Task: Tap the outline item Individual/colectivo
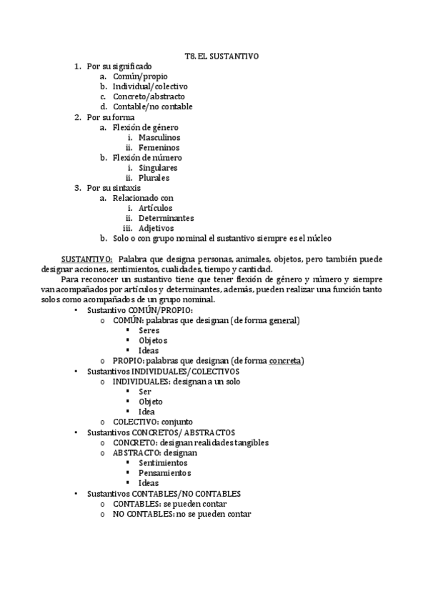point(150,86)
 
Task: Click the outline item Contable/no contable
point(152,106)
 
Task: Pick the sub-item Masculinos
point(159,137)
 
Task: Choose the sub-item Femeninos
point(159,147)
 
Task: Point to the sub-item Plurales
point(154,178)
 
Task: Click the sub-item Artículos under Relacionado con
point(156,208)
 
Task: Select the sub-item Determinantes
point(166,218)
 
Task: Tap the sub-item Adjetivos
point(156,228)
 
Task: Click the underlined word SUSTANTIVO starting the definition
point(86,259)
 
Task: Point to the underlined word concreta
point(286,361)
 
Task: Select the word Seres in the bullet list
point(149,331)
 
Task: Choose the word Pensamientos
point(165,472)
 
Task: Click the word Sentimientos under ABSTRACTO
point(164,462)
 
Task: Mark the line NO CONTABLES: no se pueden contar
point(181,513)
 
